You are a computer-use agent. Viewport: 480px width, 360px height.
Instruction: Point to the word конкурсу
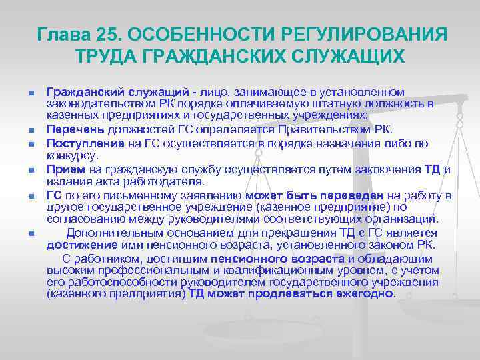73,155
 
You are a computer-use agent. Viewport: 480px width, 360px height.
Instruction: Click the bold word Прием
62,169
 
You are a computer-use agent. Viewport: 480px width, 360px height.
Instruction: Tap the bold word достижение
75,245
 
